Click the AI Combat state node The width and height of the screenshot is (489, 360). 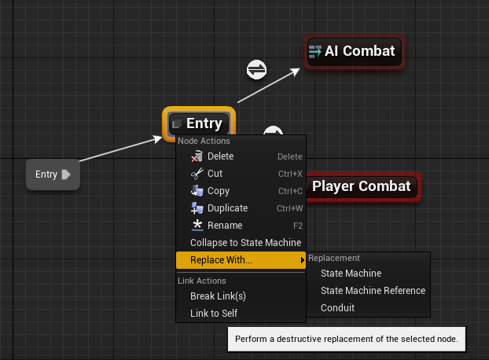(354, 52)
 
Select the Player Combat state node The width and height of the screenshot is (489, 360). (362, 186)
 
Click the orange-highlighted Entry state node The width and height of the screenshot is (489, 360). (200, 123)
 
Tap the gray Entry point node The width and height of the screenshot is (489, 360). (53, 174)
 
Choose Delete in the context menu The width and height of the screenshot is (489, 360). (220, 156)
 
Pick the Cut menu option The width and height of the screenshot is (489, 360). (215, 174)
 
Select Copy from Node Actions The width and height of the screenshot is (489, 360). (218, 191)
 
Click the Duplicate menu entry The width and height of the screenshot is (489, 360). (227, 208)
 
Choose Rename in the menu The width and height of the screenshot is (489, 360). (224, 226)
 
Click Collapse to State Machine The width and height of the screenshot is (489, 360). (245, 243)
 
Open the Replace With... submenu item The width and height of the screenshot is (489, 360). (221, 260)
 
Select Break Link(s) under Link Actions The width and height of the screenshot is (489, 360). (218, 296)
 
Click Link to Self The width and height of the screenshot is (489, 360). (214, 313)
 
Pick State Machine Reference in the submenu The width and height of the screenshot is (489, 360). (373, 291)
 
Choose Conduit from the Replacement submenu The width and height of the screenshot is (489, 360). (337, 308)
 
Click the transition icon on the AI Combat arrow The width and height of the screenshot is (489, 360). (256, 70)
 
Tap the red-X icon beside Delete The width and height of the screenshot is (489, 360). (197, 156)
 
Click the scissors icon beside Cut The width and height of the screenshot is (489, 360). (197, 174)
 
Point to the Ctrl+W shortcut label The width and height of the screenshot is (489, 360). (289, 208)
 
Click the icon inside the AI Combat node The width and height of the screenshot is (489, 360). (315, 52)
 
